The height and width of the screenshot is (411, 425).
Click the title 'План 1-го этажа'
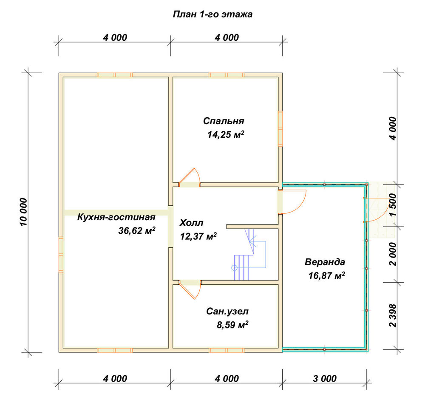(x=212, y=14)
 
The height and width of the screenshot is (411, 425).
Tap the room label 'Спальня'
(x=224, y=121)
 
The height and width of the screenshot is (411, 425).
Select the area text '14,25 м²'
(x=226, y=134)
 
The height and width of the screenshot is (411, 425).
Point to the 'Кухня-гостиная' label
(x=116, y=217)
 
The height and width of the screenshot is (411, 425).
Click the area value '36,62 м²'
(x=136, y=230)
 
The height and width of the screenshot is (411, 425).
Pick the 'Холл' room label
(x=191, y=223)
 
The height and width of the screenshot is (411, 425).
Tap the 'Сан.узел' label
(x=227, y=311)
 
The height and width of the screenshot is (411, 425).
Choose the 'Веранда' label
(x=325, y=262)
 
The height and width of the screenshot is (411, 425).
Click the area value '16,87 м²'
(x=326, y=276)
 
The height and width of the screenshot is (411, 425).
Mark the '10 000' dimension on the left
(x=23, y=212)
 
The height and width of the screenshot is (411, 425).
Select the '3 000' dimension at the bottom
(x=324, y=378)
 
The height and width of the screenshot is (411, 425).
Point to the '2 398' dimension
(x=392, y=315)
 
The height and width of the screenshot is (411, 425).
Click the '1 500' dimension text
(x=392, y=205)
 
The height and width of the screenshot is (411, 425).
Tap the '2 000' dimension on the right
(x=392, y=254)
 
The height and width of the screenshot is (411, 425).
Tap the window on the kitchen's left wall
(x=61, y=254)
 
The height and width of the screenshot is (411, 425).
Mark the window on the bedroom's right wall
(x=280, y=128)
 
